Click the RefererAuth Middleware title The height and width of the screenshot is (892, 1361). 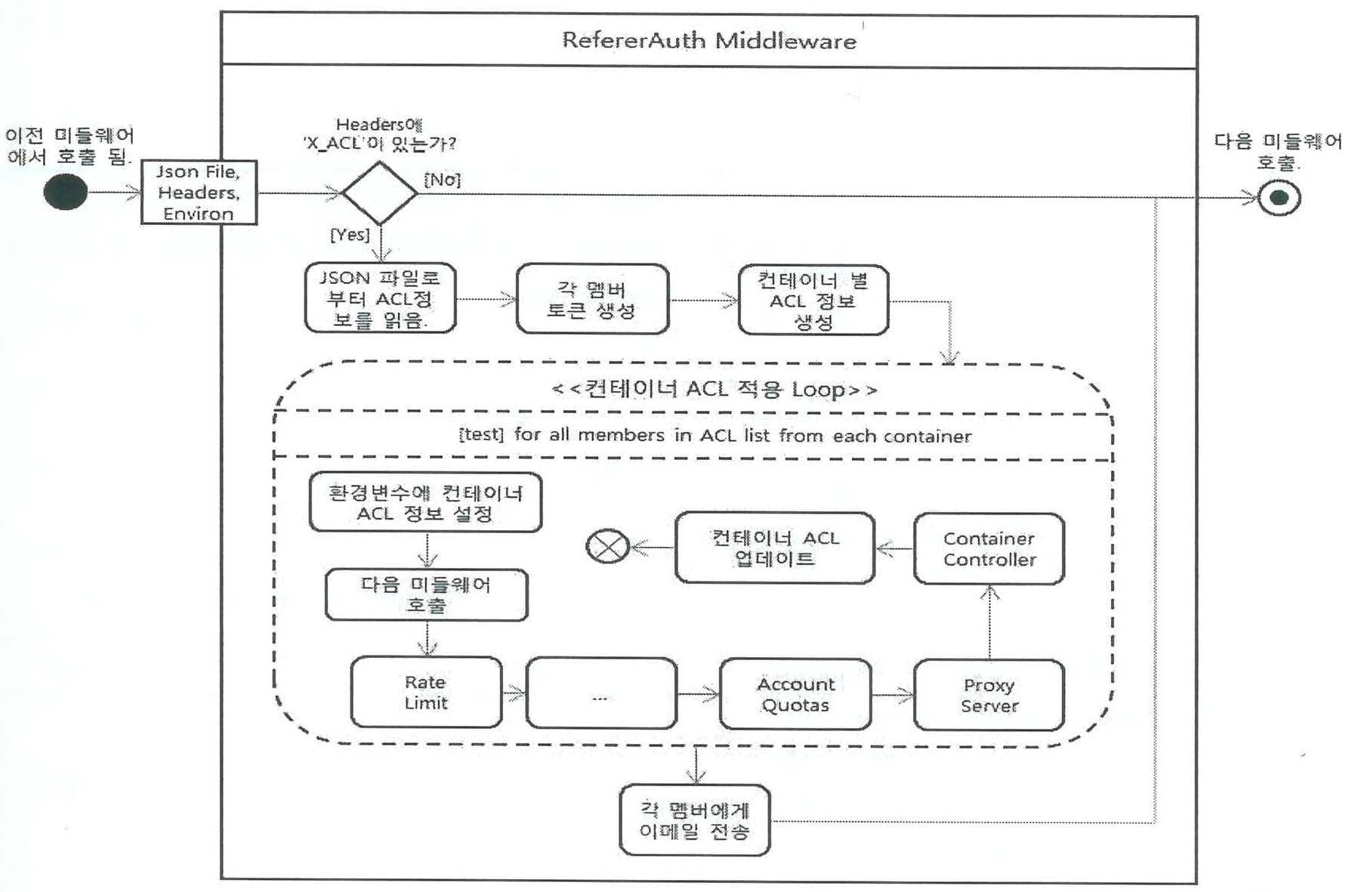(x=709, y=40)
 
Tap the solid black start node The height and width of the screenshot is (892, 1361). (x=66, y=192)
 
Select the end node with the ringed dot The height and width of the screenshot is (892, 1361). (x=1279, y=198)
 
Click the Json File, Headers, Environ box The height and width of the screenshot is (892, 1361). (x=199, y=193)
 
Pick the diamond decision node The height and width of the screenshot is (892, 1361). (x=379, y=193)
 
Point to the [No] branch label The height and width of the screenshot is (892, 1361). (x=442, y=180)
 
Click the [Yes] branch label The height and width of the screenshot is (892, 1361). (x=350, y=235)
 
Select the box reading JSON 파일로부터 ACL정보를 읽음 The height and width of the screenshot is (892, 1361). (x=380, y=298)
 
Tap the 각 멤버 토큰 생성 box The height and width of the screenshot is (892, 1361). (x=592, y=299)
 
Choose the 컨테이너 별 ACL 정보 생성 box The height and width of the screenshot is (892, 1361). (x=813, y=300)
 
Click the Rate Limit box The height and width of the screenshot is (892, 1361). (x=426, y=692)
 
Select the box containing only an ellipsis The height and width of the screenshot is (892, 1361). (x=601, y=693)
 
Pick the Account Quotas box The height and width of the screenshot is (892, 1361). (x=795, y=694)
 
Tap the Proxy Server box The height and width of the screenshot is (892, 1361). (x=989, y=695)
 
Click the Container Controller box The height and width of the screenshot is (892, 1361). (x=989, y=549)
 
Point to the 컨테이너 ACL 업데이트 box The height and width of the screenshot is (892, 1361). (x=775, y=548)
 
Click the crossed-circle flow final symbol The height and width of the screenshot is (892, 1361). (x=608, y=546)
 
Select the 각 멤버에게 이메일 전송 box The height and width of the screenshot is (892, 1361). (x=695, y=820)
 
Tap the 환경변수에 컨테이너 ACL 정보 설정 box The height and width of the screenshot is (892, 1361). (x=426, y=502)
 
